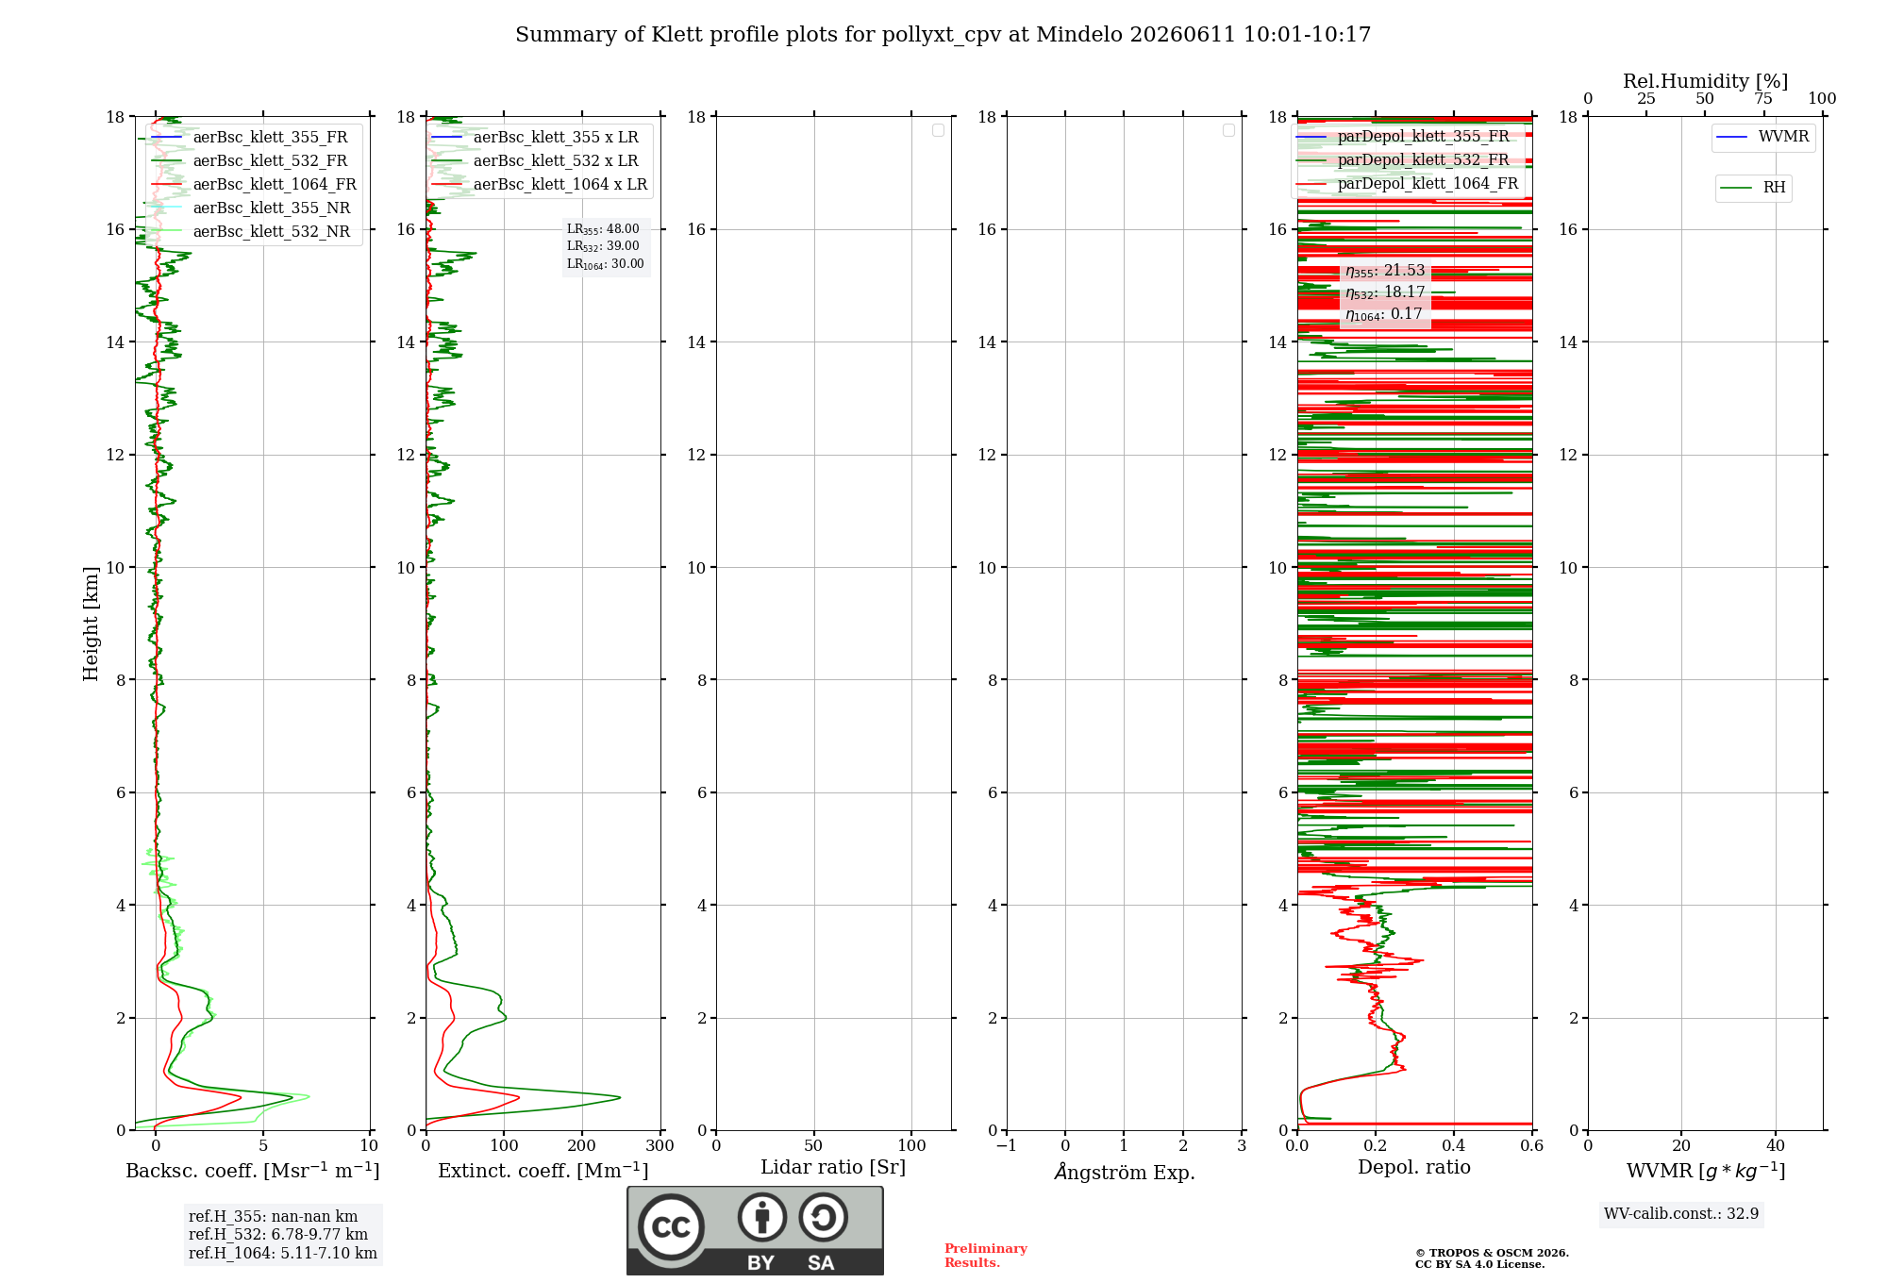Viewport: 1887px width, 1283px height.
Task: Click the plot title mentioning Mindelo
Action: [x=943, y=35]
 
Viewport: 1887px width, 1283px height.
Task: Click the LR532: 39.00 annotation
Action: [x=603, y=246]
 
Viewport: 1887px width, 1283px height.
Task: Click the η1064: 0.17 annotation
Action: [x=1383, y=314]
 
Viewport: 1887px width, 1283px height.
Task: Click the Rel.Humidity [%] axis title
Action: [x=1705, y=81]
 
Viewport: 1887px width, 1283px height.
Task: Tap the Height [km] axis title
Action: [x=91, y=624]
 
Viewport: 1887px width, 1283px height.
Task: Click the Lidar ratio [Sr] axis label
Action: [x=833, y=1167]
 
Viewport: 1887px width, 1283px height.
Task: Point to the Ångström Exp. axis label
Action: [x=1125, y=1172]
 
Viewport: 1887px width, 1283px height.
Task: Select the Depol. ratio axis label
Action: [x=1414, y=1167]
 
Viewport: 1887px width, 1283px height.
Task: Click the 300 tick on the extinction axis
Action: [x=660, y=1146]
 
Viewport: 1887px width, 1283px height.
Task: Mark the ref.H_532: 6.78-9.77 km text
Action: [x=278, y=1234]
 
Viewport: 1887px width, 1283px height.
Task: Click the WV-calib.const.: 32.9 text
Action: [x=1681, y=1213]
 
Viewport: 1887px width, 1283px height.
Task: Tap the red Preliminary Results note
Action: [x=986, y=1256]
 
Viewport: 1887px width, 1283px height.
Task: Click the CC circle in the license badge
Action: [x=671, y=1227]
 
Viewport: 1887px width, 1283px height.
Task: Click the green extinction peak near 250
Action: [x=619, y=1097]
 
